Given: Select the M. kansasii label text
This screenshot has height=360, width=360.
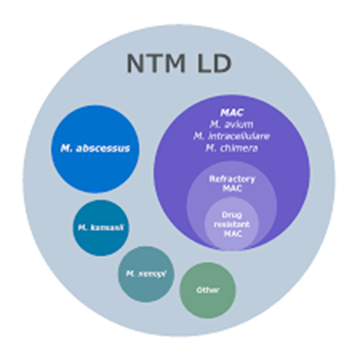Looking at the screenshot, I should pos(100,228).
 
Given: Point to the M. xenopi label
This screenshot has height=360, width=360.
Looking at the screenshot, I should pos(146,274).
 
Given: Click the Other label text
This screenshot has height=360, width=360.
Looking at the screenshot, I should pos(207,290).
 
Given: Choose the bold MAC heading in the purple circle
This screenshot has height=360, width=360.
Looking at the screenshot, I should pos(231,112).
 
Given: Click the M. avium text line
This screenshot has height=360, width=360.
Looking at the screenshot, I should pos(232,124).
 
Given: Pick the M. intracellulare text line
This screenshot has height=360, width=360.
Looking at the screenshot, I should pos(232,135).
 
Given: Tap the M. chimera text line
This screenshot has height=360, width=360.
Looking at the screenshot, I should pos(232,148).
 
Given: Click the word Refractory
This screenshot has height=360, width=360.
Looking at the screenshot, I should pos(232,179).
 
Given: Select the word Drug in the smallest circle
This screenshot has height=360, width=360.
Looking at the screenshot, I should pos(232,214).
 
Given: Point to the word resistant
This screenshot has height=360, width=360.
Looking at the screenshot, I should pos(232,223).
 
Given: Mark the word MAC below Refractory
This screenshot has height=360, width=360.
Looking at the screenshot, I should pos(232,189).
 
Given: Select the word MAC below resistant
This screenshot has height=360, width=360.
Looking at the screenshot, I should pos(232,233).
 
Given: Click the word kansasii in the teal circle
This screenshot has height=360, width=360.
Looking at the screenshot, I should pos(106,228).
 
